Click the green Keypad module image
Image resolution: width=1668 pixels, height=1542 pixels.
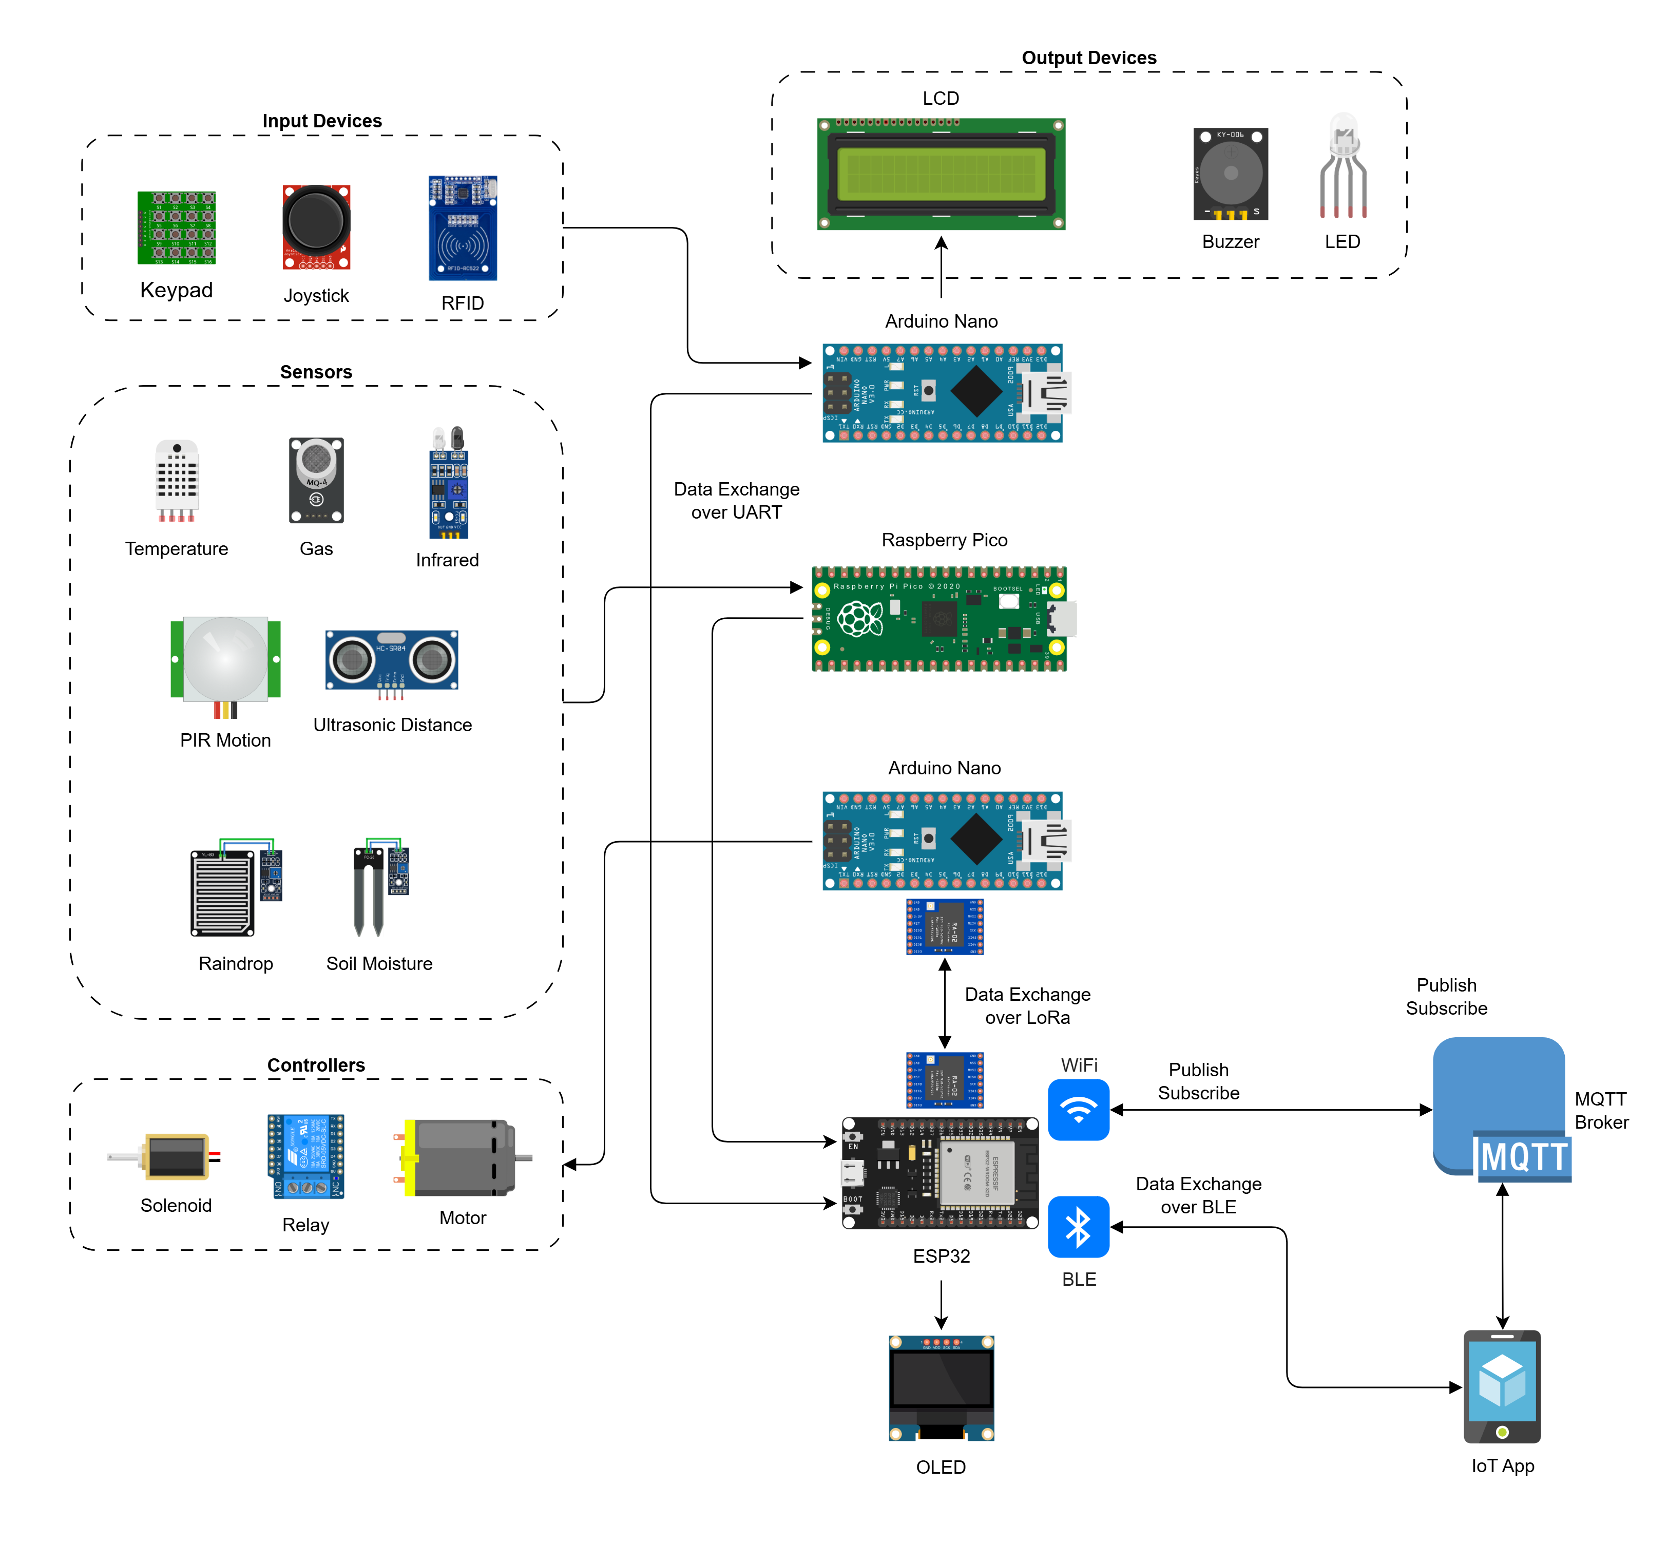(x=176, y=228)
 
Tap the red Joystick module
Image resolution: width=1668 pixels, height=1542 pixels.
(x=316, y=227)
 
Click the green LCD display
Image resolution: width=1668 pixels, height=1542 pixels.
(x=941, y=174)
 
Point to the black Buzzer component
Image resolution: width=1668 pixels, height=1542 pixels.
(x=1230, y=174)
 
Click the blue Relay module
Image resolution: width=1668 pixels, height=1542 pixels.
(x=305, y=1156)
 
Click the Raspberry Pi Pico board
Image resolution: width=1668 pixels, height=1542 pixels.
(x=940, y=619)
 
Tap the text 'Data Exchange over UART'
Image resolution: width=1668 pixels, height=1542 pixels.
(x=736, y=501)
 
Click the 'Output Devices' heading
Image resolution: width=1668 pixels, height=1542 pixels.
(x=1089, y=58)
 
